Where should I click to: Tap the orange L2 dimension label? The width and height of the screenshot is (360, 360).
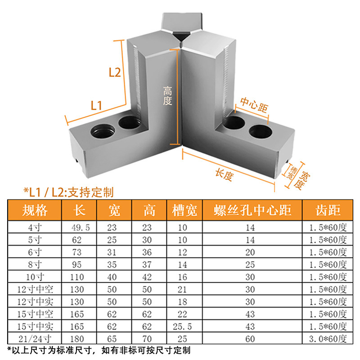(114, 72)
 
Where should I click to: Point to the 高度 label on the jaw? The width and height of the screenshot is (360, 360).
(167, 96)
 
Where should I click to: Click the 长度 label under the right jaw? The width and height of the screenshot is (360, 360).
(224, 175)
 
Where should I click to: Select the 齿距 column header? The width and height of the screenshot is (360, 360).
(328, 210)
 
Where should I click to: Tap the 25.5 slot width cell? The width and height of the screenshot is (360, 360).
(182, 325)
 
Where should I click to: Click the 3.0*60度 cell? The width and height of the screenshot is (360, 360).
(328, 337)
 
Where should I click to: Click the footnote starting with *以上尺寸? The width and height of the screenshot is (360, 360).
(99, 350)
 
